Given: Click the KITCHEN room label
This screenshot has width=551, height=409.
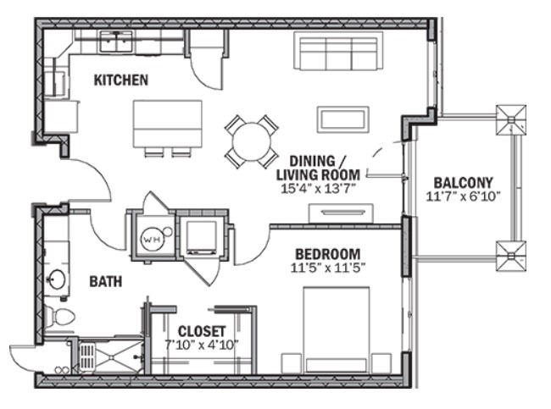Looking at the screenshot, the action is click(121, 80).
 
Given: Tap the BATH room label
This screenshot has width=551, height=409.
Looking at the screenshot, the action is click(106, 282).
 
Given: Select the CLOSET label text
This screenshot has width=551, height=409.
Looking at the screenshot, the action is click(202, 331).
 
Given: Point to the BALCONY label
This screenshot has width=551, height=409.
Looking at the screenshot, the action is click(463, 183).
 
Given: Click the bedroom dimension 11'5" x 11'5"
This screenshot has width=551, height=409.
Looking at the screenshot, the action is click(328, 268).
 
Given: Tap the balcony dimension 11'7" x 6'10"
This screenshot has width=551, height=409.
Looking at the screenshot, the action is click(463, 196).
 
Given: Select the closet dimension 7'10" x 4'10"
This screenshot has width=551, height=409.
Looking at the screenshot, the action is click(202, 345).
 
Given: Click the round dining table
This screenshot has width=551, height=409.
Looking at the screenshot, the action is click(252, 141).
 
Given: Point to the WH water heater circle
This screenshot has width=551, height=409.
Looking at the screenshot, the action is click(153, 240).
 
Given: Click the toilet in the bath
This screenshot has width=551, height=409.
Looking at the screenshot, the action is click(59, 317).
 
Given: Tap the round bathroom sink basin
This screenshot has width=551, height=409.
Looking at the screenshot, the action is click(57, 279).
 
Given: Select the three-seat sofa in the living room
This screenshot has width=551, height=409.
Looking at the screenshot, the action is click(338, 51).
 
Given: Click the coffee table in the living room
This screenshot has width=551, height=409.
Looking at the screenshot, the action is click(343, 119).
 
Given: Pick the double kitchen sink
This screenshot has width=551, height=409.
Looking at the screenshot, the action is click(116, 41).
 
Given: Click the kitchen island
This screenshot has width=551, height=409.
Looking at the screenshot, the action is click(168, 124).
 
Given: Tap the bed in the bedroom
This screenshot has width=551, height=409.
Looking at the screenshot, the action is click(336, 329).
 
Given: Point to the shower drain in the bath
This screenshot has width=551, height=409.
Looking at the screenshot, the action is click(111, 357).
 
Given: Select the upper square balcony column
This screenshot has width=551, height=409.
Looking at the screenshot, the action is click(511, 119).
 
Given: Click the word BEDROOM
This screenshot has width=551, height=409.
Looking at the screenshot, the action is click(327, 254).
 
